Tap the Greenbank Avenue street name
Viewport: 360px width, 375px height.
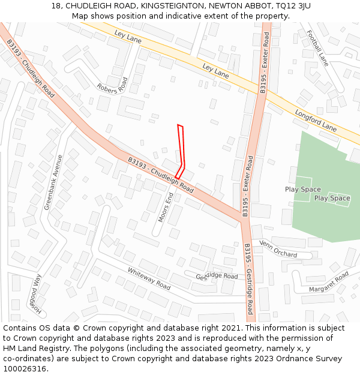[x=53, y=182]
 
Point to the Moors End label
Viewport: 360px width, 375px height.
[x=166, y=208]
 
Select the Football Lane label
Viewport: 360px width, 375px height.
[x=317, y=48]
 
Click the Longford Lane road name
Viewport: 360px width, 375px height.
[x=316, y=120]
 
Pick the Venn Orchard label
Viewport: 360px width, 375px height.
[x=278, y=250]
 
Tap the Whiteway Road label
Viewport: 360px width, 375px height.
[x=149, y=279]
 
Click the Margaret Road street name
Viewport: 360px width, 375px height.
[x=329, y=282]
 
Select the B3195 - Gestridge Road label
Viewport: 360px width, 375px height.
[x=249, y=279]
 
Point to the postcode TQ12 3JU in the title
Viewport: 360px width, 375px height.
[x=293, y=6]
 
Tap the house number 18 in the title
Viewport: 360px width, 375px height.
[x=56, y=6]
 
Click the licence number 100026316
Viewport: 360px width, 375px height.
[x=26, y=369]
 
